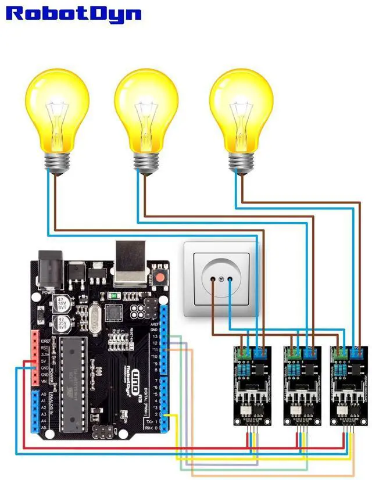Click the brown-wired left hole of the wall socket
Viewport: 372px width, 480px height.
click(213, 281)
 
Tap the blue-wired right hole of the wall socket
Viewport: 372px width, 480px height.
click(231, 281)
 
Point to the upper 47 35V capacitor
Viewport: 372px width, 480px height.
click(60, 304)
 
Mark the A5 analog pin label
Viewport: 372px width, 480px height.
click(45, 427)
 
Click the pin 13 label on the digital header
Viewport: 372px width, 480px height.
click(155, 343)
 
